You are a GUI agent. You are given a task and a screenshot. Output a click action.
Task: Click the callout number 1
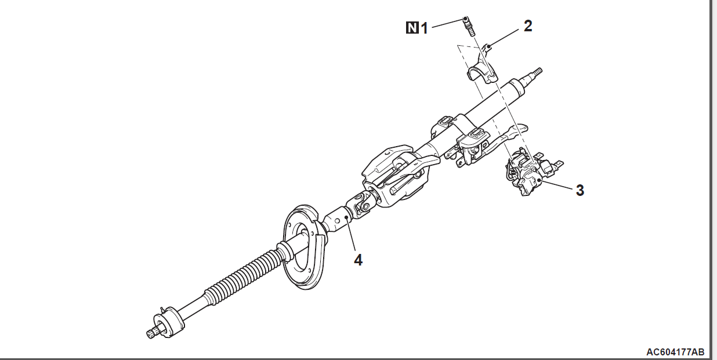(x=424, y=28)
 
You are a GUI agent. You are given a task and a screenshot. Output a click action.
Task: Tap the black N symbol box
(x=412, y=28)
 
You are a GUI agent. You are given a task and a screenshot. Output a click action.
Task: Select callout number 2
(x=528, y=26)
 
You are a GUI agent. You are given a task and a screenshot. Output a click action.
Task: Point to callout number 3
(x=580, y=190)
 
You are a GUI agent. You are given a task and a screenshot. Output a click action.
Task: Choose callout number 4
(x=358, y=260)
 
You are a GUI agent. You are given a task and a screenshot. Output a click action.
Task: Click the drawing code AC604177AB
(x=675, y=352)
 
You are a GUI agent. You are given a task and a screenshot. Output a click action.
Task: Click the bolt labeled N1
(x=469, y=27)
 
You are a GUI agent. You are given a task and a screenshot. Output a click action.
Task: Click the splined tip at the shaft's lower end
(x=150, y=334)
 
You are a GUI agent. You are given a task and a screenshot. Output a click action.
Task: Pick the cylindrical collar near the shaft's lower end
(x=169, y=322)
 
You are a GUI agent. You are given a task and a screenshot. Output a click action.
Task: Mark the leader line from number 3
(x=556, y=186)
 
